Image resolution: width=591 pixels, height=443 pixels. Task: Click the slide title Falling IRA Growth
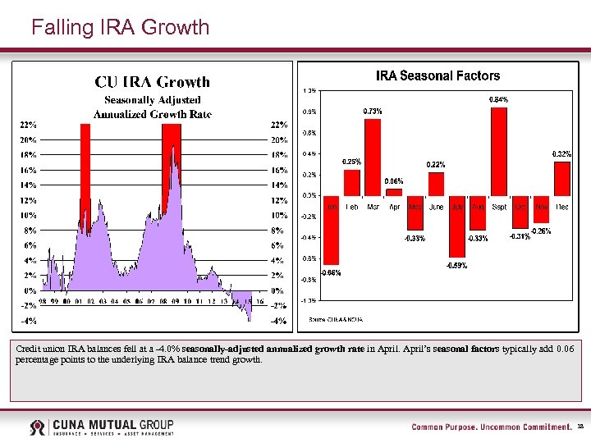[x=120, y=27]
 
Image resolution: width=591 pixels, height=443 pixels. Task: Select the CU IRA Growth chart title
[x=152, y=81]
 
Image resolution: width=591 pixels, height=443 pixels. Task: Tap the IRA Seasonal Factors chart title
[x=438, y=75]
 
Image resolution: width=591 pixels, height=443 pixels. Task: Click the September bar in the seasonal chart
[x=499, y=152]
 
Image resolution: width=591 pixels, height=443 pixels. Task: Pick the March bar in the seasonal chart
[x=373, y=157]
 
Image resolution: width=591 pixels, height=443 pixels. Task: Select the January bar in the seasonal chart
[x=332, y=231]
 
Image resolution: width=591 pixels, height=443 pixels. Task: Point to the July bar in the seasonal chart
[x=457, y=226]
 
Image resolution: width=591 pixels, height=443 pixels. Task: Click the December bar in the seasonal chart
[x=562, y=178]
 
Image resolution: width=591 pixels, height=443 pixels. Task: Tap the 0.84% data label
[x=499, y=99]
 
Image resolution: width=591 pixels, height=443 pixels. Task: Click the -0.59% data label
[x=457, y=265]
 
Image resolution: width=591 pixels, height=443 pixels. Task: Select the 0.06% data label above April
[x=394, y=181]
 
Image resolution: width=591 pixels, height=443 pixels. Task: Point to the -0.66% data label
[x=331, y=272]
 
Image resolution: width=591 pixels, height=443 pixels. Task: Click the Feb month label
[x=351, y=207]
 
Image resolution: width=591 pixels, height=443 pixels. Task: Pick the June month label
[x=436, y=207]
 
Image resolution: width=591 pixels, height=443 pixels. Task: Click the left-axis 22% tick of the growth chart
[x=28, y=126]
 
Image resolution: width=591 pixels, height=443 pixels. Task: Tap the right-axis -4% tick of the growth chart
[x=279, y=321]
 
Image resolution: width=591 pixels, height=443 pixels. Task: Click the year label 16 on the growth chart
[x=259, y=302]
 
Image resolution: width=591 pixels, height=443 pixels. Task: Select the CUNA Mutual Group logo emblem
[x=37, y=427]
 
